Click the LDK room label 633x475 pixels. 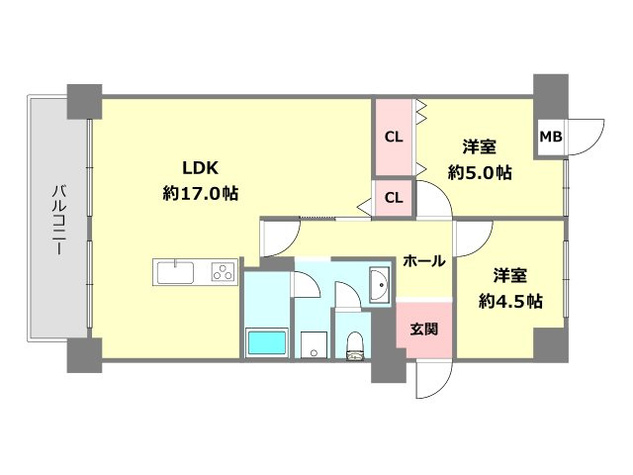click(200, 167)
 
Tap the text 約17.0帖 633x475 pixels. click(200, 193)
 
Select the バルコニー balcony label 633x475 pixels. click(59, 220)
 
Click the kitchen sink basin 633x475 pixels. click(175, 273)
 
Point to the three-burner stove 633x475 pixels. click(224, 271)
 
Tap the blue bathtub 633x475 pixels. click(267, 343)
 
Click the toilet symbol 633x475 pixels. click(355, 345)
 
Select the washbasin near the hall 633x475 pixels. click(380, 284)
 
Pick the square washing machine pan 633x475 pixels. click(315, 344)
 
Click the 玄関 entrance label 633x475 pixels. click(424, 329)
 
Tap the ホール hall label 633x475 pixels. click(424, 261)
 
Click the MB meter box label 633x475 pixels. click(551, 137)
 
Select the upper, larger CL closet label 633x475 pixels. click(394, 137)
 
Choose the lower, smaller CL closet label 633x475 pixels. click(394, 198)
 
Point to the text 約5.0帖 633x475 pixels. click(480, 173)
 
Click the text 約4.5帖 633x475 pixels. click(510, 301)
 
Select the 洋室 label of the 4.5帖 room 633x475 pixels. click(510, 275)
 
